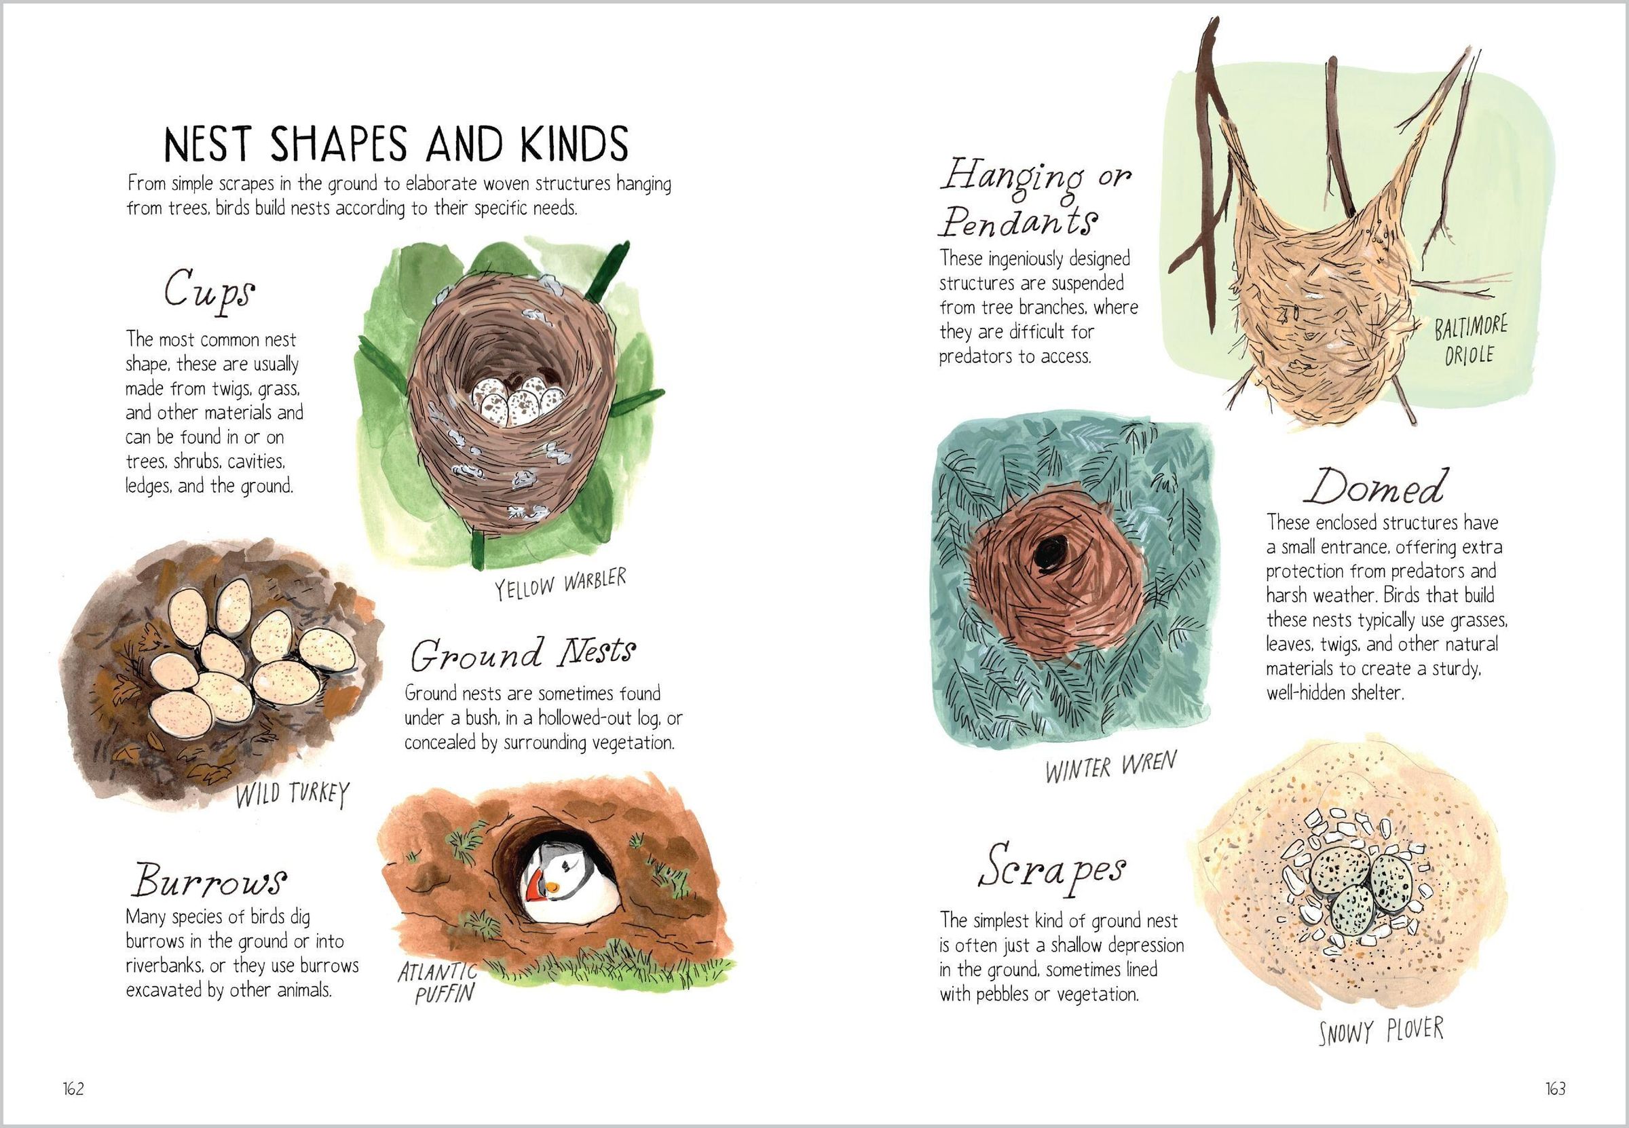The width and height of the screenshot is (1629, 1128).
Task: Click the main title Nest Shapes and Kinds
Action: point(396,144)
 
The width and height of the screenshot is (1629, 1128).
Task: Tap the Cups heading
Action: point(209,288)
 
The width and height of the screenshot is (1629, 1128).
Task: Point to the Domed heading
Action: point(1373,487)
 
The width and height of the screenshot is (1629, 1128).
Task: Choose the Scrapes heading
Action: point(1051,867)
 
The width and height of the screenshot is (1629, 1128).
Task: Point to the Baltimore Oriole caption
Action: point(1470,341)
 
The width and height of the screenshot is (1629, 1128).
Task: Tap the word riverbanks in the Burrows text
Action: point(164,965)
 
